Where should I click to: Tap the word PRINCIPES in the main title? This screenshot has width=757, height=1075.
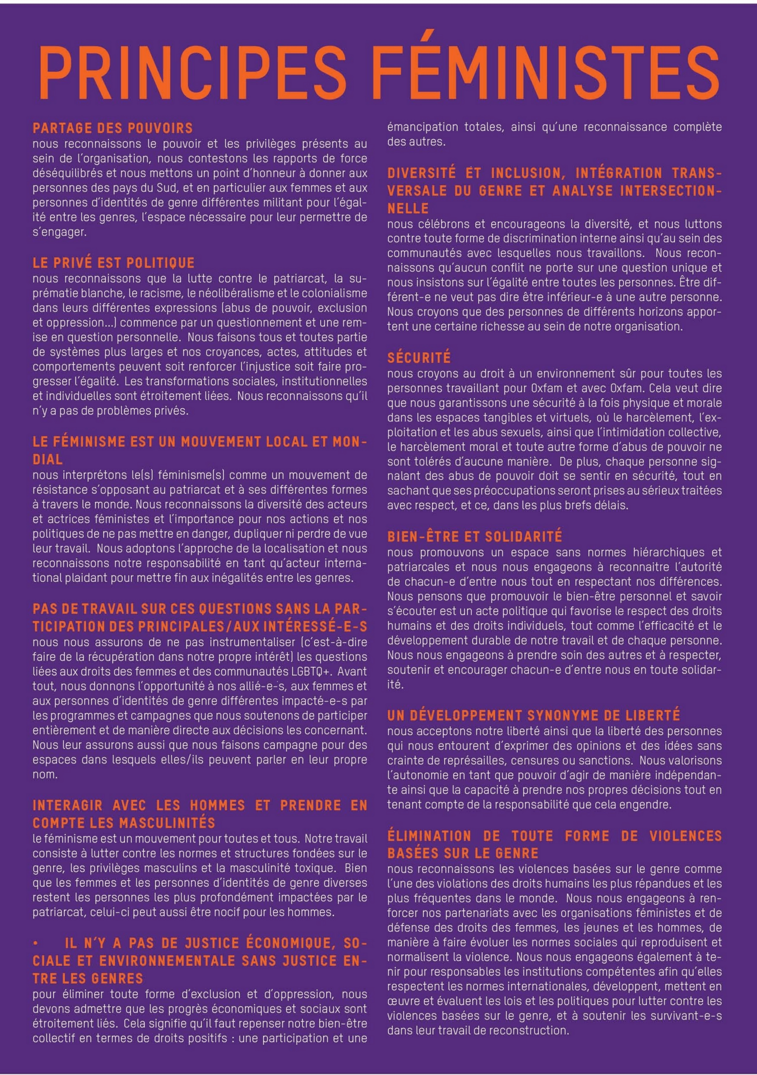click(x=193, y=73)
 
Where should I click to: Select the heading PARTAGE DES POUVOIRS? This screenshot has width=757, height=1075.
click(x=113, y=128)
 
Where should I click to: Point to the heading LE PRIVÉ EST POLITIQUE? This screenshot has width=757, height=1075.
click(x=114, y=263)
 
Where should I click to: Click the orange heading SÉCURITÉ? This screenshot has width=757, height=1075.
click(x=419, y=358)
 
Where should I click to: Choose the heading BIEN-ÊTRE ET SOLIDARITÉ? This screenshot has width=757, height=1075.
click(x=474, y=536)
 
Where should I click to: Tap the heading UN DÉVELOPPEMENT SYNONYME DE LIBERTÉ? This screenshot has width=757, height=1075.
click(x=534, y=715)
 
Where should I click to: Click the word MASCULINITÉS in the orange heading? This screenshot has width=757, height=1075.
click(x=167, y=822)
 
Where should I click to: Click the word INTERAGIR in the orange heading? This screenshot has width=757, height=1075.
click(x=67, y=805)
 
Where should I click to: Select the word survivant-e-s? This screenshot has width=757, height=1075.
click(x=689, y=1016)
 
